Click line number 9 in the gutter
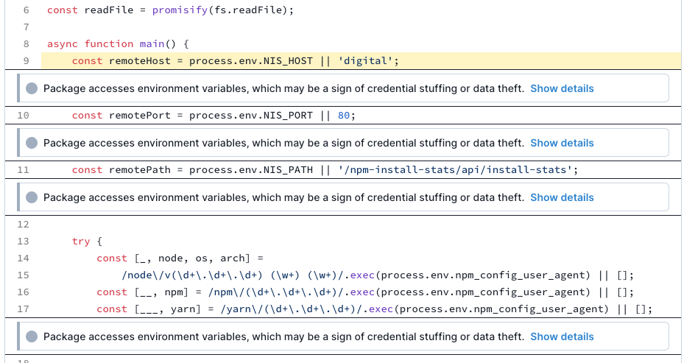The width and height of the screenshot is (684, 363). pyautogui.click(x=27, y=61)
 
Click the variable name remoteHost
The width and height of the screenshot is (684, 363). pyautogui.click(x=140, y=61)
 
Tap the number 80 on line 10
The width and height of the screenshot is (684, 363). pyautogui.click(x=344, y=116)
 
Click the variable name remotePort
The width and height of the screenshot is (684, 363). pyautogui.click(x=140, y=116)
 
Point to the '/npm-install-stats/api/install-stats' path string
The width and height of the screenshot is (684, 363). pyautogui.click(x=455, y=170)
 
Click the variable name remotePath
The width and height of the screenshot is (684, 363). pyautogui.click(x=140, y=170)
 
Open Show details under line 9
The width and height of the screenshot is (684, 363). pyautogui.click(x=562, y=88)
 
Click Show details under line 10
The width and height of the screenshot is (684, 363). pyautogui.click(x=562, y=143)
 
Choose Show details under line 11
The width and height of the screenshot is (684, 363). pyautogui.click(x=562, y=197)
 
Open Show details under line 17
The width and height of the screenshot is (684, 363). pyautogui.click(x=562, y=336)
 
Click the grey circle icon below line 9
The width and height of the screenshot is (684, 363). pyautogui.click(x=32, y=88)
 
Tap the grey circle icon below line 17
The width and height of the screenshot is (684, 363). pyautogui.click(x=32, y=336)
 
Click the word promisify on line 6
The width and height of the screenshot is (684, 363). pyautogui.click(x=180, y=10)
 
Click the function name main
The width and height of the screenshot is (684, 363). pyautogui.click(x=152, y=44)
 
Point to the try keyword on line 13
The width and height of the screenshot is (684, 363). pyautogui.click(x=81, y=242)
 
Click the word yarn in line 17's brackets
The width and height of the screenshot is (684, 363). pyautogui.click(x=183, y=309)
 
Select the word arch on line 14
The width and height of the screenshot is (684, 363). pyautogui.click(x=232, y=258)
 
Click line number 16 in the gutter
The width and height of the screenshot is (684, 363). pyautogui.click(x=23, y=292)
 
